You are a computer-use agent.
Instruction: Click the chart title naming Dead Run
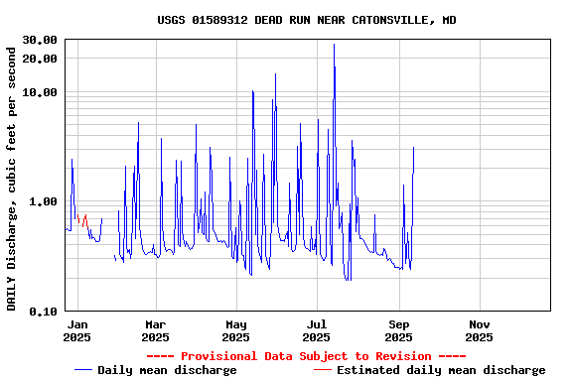point(307,20)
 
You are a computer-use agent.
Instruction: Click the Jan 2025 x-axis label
point(76,330)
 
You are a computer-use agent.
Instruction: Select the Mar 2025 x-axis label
point(156,330)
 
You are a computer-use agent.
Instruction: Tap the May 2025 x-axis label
point(236,330)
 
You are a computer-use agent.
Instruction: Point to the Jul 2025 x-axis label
point(317,330)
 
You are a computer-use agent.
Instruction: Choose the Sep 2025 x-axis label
point(399,330)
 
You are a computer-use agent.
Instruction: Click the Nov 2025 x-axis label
point(480,330)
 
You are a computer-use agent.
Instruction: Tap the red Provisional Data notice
point(306,356)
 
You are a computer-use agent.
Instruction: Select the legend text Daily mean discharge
point(167,370)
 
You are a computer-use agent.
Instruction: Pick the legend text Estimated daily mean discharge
point(441,370)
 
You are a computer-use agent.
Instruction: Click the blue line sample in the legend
point(83,370)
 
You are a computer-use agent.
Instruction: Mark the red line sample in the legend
point(323,370)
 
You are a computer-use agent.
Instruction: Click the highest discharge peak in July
point(334,45)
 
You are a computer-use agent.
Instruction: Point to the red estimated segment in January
point(84,217)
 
